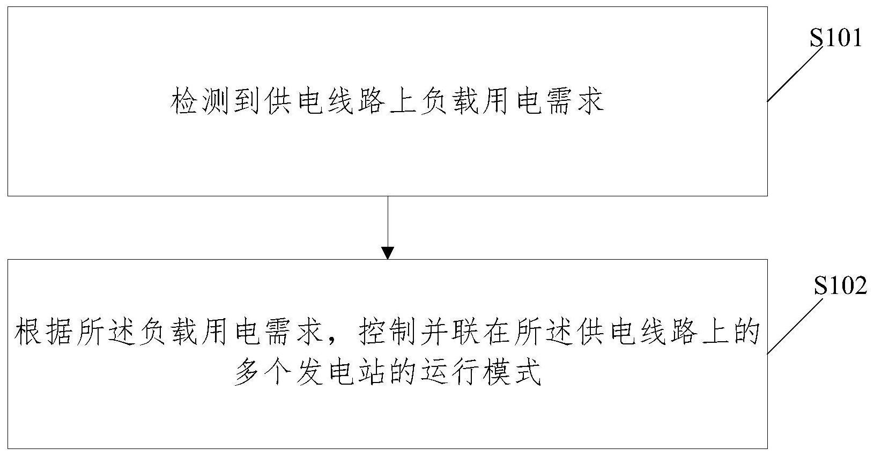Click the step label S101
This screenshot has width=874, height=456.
coord(835,38)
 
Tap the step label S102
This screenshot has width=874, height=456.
coord(840,286)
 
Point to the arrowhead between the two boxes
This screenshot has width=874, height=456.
coord(388,253)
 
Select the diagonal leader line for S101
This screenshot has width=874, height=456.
coord(795,74)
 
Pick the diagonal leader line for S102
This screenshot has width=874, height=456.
coord(795,326)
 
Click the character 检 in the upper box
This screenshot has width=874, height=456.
coord(184,101)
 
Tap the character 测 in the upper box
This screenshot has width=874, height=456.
coord(216,101)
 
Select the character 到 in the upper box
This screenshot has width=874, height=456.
coord(247,101)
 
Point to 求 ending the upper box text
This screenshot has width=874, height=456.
coord(590,101)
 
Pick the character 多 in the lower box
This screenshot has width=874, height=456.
coord(247,372)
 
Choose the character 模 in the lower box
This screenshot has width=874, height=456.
coord(498,372)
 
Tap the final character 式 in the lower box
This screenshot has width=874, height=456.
coord(528,372)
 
